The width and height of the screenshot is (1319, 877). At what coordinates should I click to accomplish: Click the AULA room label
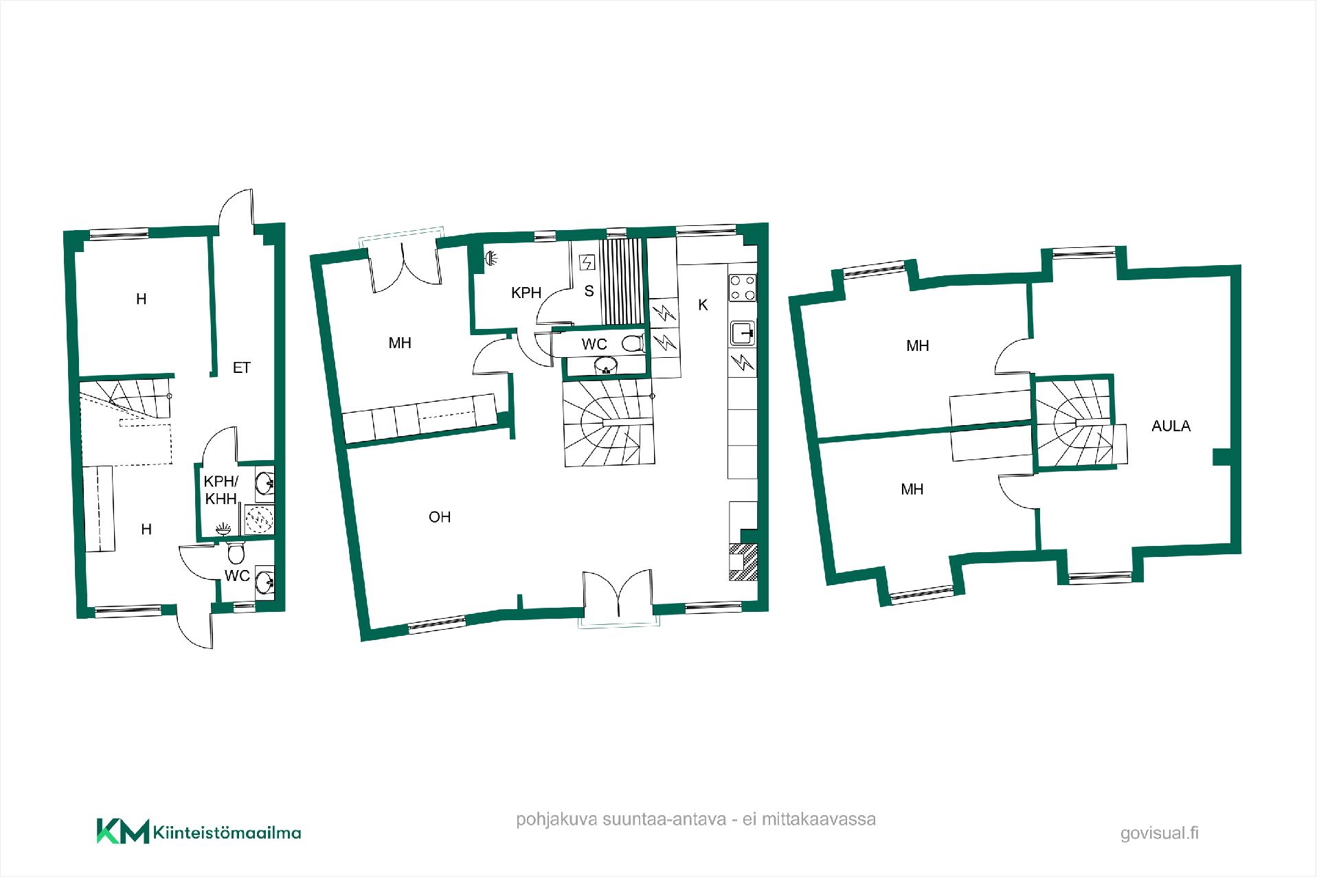coord(1171,426)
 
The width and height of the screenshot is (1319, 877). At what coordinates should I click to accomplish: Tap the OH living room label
coord(440,517)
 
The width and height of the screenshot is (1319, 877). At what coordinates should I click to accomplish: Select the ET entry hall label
coord(241,368)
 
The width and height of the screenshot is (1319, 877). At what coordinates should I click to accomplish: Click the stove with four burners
coord(742,288)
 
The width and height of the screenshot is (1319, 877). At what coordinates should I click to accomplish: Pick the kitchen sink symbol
coord(743,334)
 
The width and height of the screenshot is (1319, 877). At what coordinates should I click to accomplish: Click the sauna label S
coord(589,292)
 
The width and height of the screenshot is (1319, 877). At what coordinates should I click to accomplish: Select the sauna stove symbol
coord(587,263)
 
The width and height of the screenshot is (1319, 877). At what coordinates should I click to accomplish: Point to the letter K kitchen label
coord(703,305)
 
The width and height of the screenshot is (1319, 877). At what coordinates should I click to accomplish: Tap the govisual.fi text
coord(1160,833)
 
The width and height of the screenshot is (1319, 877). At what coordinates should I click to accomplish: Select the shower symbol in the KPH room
coord(491,258)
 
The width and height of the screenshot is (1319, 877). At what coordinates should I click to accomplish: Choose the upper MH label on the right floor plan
coord(918,346)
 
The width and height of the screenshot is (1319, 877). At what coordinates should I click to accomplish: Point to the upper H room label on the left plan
coord(142,299)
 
